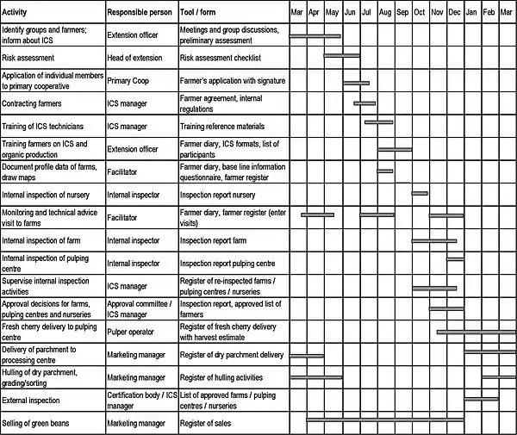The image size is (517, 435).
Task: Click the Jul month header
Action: (x=367, y=14)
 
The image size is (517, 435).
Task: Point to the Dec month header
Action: (x=454, y=14)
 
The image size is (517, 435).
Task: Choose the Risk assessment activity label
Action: (x=29, y=58)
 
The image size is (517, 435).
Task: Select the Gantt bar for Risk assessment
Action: (x=341, y=56)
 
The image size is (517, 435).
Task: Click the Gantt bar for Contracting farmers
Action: (x=364, y=103)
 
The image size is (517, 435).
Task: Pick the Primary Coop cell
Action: (x=128, y=81)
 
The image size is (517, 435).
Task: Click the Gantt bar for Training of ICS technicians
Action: (x=378, y=122)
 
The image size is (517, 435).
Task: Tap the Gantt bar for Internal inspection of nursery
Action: (x=419, y=193)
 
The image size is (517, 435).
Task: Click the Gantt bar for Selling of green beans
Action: (x=385, y=419)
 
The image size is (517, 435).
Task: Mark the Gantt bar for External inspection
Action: (x=481, y=398)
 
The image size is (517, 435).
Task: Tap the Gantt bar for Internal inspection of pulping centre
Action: (x=454, y=258)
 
